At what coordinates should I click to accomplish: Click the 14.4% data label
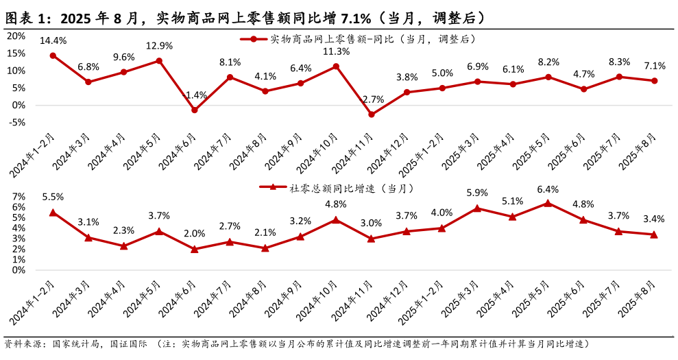[x=53, y=41]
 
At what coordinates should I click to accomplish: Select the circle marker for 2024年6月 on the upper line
[x=194, y=110]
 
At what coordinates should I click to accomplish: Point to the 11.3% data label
[x=336, y=51]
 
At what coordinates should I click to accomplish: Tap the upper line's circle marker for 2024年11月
[x=372, y=115]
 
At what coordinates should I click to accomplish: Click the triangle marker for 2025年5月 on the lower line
[x=548, y=203]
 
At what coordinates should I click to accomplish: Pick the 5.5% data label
[x=53, y=197]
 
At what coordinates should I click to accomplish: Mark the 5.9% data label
[x=477, y=193]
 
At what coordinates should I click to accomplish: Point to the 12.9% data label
[x=159, y=46]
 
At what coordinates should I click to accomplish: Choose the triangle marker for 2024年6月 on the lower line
[x=194, y=249]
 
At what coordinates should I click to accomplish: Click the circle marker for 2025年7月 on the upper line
[x=619, y=77]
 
